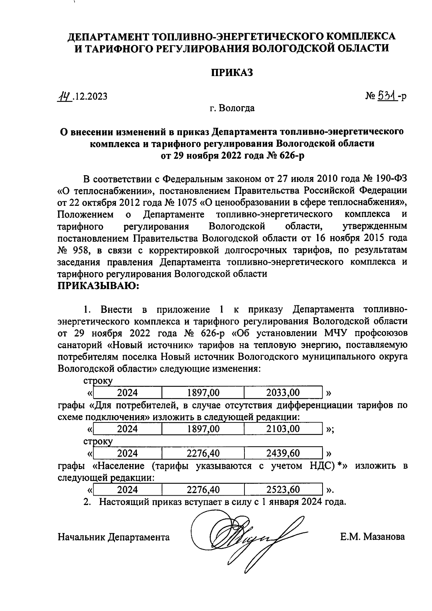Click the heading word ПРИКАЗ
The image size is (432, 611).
pyautogui.click(x=232, y=72)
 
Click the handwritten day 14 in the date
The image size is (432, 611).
pyautogui.click(x=65, y=96)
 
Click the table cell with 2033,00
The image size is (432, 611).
pyautogui.click(x=283, y=392)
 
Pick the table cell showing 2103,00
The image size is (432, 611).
pyautogui.click(x=283, y=429)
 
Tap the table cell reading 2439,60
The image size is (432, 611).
pyautogui.click(x=283, y=453)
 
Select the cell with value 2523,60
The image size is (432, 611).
pyautogui.click(x=283, y=490)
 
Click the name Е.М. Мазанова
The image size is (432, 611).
pyautogui.click(x=372, y=537)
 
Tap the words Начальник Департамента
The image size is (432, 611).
pyautogui.click(x=114, y=537)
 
